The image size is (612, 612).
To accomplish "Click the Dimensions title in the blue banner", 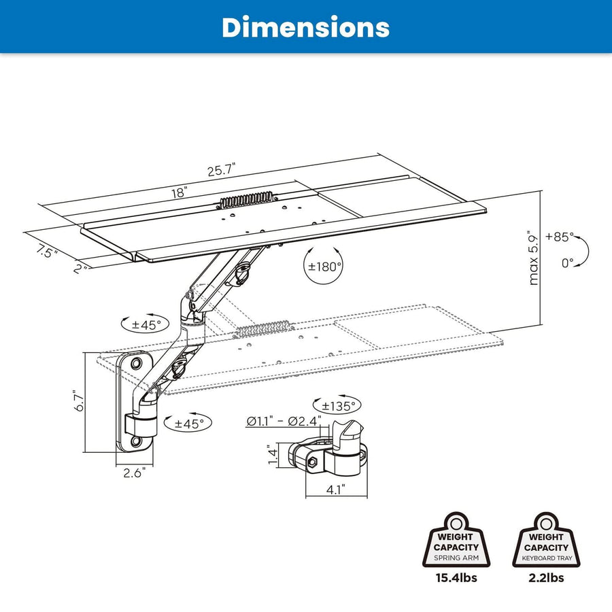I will click(x=305, y=27).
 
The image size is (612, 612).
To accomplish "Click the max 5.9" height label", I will click(x=534, y=259).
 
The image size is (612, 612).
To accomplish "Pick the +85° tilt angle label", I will click(x=559, y=237).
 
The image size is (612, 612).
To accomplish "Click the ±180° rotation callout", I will click(x=324, y=266).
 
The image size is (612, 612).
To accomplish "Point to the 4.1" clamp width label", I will click(x=335, y=488).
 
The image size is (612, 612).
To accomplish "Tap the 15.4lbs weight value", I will click(x=456, y=579).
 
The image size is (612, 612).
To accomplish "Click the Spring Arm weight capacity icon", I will click(x=456, y=541).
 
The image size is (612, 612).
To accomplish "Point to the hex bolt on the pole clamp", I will click(x=312, y=462).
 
